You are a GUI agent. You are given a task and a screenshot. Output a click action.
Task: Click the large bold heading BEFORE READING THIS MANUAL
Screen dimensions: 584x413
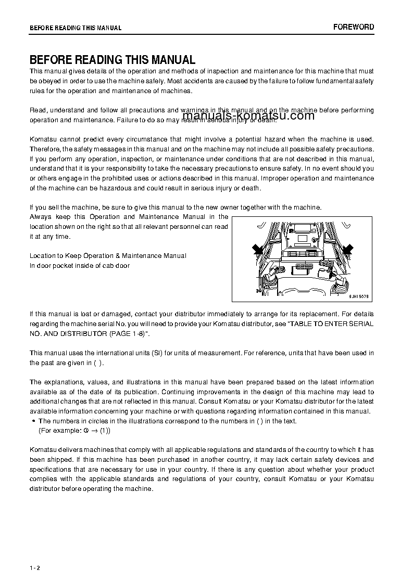point(112,60)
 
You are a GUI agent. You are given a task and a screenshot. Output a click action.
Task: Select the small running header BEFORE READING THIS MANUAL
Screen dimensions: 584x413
point(76,28)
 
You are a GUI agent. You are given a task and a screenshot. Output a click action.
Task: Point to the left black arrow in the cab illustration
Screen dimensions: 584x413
point(258,250)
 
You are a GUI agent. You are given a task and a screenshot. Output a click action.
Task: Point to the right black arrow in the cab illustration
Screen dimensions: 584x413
point(347,250)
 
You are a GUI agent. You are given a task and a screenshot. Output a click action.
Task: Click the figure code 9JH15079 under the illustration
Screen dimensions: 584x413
point(358,296)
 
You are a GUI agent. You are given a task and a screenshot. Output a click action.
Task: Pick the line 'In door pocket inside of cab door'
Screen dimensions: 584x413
point(80,266)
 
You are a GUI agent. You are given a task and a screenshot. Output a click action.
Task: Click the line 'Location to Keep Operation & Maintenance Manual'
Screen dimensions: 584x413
point(108,256)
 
